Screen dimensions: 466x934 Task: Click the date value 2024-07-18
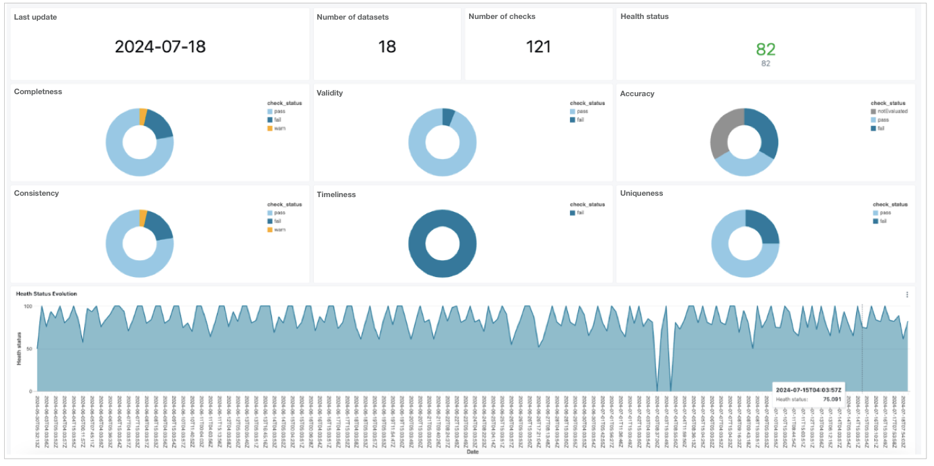(160, 46)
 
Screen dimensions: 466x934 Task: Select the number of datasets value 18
(387, 46)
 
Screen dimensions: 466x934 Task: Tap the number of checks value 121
(539, 46)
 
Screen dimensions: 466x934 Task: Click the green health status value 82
(765, 49)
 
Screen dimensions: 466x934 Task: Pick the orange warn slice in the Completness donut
(143, 116)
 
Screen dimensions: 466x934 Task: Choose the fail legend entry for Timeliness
(581, 213)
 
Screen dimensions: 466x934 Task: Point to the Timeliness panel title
(336, 194)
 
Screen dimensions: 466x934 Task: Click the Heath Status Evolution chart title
(46, 294)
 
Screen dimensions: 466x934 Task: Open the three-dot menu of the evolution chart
(907, 295)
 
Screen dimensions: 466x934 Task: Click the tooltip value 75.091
(832, 400)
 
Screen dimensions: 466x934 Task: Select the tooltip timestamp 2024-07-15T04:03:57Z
(809, 390)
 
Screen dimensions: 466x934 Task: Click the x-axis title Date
(470, 461)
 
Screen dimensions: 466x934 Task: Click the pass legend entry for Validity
(581, 111)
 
